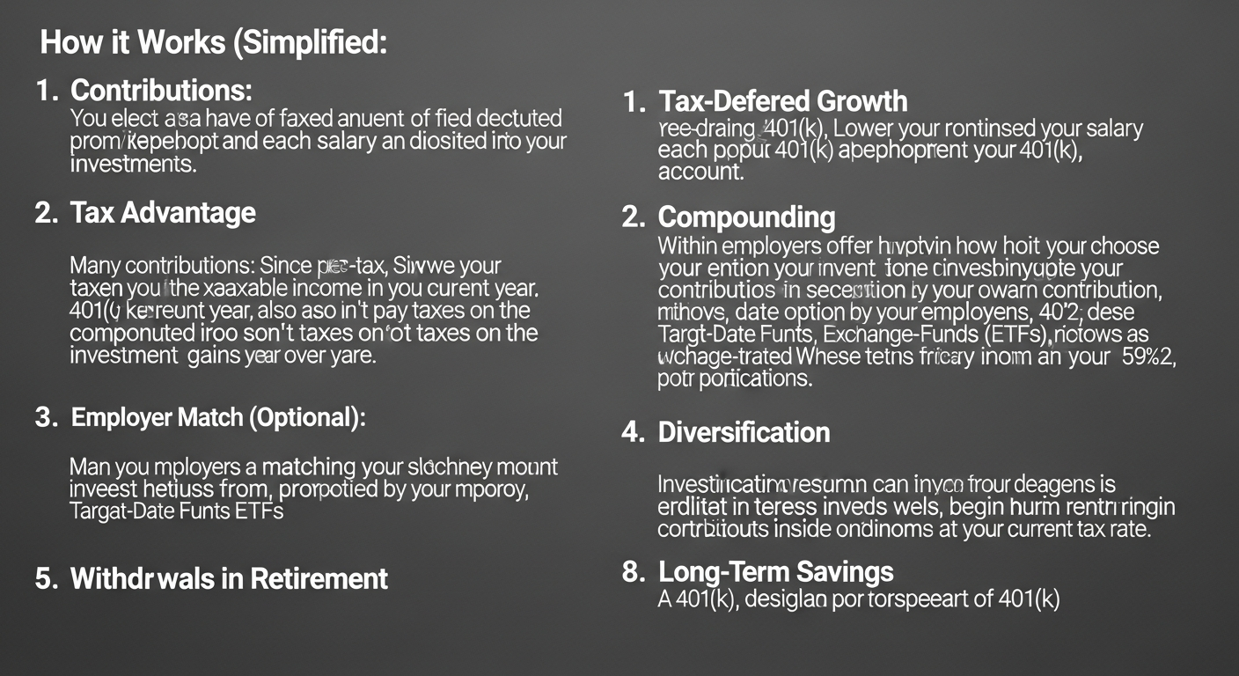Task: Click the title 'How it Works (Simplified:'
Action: click(x=214, y=44)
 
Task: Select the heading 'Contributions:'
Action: click(x=161, y=91)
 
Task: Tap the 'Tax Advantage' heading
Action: click(x=163, y=213)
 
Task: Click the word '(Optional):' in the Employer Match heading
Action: click(x=307, y=418)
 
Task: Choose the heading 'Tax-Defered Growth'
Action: click(x=782, y=101)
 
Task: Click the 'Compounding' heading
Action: click(x=746, y=217)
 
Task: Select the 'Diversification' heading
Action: click(x=744, y=432)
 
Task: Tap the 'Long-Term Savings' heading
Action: click(x=775, y=572)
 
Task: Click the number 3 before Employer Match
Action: click(x=44, y=418)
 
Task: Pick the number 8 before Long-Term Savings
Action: click(x=631, y=572)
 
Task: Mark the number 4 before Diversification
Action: click(x=631, y=432)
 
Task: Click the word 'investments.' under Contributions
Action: click(x=133, y=165)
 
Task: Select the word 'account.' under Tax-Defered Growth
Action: click(x=700, y=173)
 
